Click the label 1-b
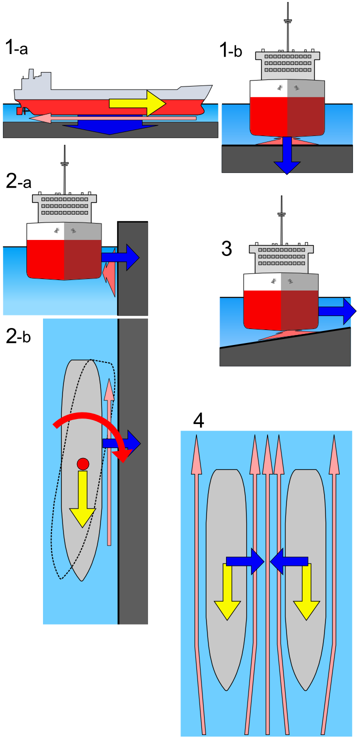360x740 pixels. pyautogui.click(x=230, y=50)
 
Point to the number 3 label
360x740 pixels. pyautogui.click(x=226, y=248)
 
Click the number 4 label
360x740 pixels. pyautogui.click(x=198, y=421)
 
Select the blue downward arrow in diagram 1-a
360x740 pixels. pyautogui.click(x=110, y=127)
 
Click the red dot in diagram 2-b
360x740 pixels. pyautogui.click(x=83, y=463)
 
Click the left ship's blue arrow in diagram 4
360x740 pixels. pyautogui.click(x=245, y=561)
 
